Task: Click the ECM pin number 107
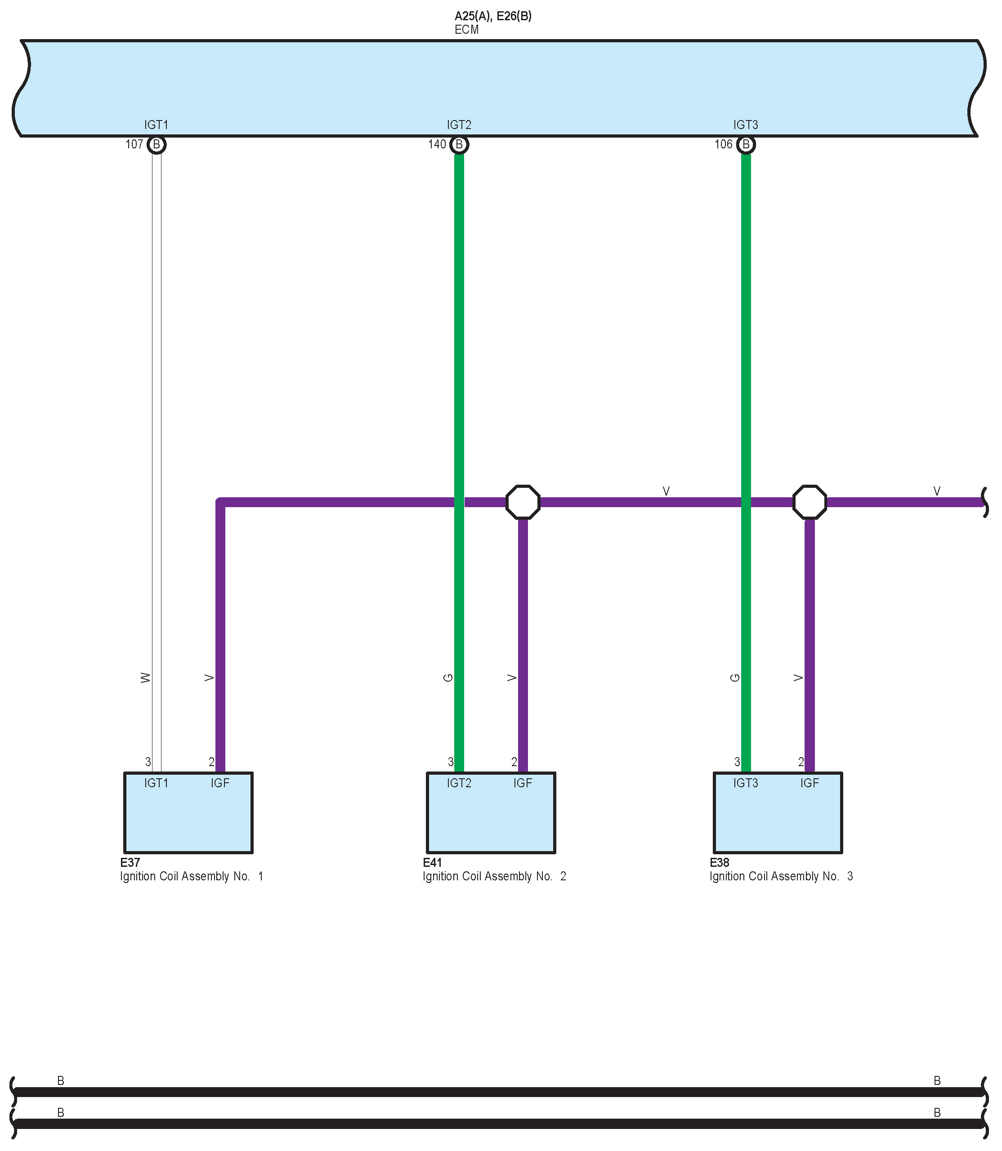(134, 145)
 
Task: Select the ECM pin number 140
(437, 145)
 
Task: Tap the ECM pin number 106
(723, 145)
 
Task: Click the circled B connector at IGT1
(157, 145)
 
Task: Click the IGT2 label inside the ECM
(459, 125)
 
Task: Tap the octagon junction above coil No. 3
(809, 502)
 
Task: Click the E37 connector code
(130, 862)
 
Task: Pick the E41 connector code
(432, 862)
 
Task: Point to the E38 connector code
(720, 862)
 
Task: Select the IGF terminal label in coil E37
(220, 783)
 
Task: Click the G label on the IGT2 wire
(448, 678)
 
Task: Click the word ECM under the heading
(466, 30)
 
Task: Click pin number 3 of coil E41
(451, 762)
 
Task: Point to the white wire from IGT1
(157, 447)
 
